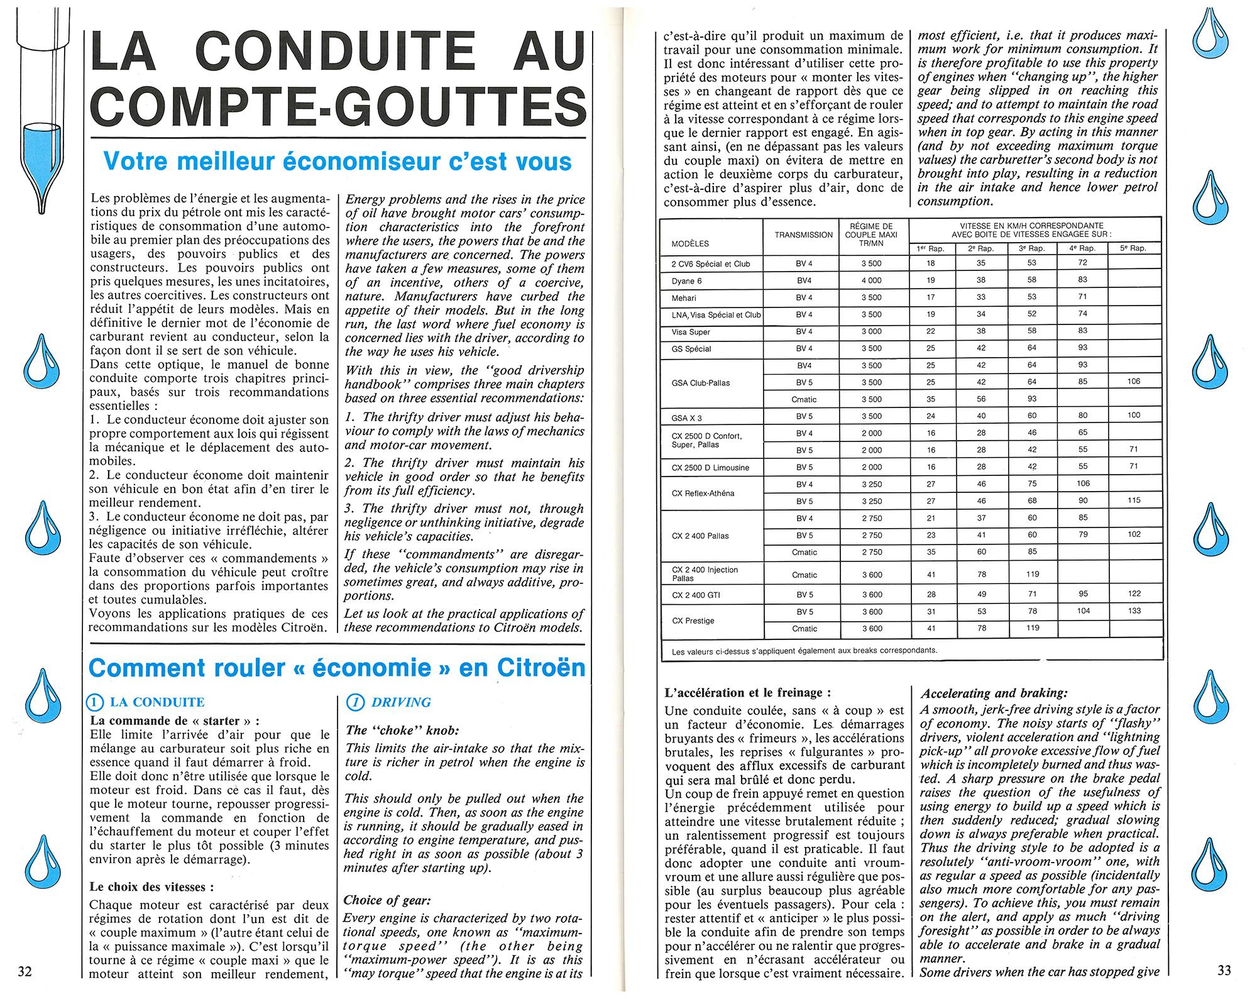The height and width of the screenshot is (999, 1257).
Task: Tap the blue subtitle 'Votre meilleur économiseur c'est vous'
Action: (338, 162)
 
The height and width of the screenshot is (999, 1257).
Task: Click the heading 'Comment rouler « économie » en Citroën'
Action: (337, 668)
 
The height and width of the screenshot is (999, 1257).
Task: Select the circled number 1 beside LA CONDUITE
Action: (95, 703)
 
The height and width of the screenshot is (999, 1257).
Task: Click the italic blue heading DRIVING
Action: (401, 702)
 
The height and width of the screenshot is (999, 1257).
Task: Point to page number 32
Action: (25, 971)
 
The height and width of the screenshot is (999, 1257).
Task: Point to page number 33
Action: (1224, 970)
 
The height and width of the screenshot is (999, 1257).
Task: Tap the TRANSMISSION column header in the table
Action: (803, 235)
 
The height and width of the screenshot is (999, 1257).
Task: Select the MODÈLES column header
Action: (690, 243)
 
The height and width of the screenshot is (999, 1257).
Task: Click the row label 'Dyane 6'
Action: (686, 281)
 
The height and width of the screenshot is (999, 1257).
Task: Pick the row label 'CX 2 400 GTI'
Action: (696, 595)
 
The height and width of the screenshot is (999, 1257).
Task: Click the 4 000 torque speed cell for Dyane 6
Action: (871, 280)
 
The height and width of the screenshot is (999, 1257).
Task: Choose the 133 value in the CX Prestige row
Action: (1134, 610)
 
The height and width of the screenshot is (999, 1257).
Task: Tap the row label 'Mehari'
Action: (684, 298)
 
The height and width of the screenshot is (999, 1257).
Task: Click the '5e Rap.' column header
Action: (1133, 248)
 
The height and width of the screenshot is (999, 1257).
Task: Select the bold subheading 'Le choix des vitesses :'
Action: (151, 887)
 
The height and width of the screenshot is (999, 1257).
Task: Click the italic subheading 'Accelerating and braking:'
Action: (994, 693)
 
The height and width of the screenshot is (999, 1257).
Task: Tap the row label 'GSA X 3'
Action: (686, 418)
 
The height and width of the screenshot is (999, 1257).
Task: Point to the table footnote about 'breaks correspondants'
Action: (804, 651)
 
